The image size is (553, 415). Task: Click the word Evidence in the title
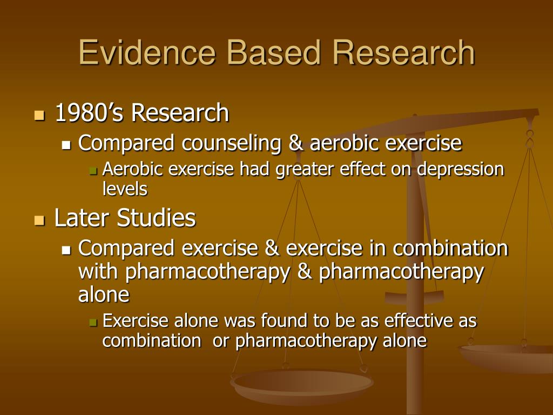[x=147, y=53]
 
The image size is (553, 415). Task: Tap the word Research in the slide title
[x=404, y=53]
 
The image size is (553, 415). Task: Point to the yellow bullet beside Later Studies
[x=38, y=220]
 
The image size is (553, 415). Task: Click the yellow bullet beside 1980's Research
[x=38, y=115]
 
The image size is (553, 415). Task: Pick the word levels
[x=125, y=189]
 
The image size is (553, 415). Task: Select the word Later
[x=82, y=218]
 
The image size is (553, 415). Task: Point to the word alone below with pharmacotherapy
[x=104, y=294]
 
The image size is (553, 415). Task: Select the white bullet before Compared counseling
[x=66, y=145]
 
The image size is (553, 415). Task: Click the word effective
[x=419, y=321]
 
